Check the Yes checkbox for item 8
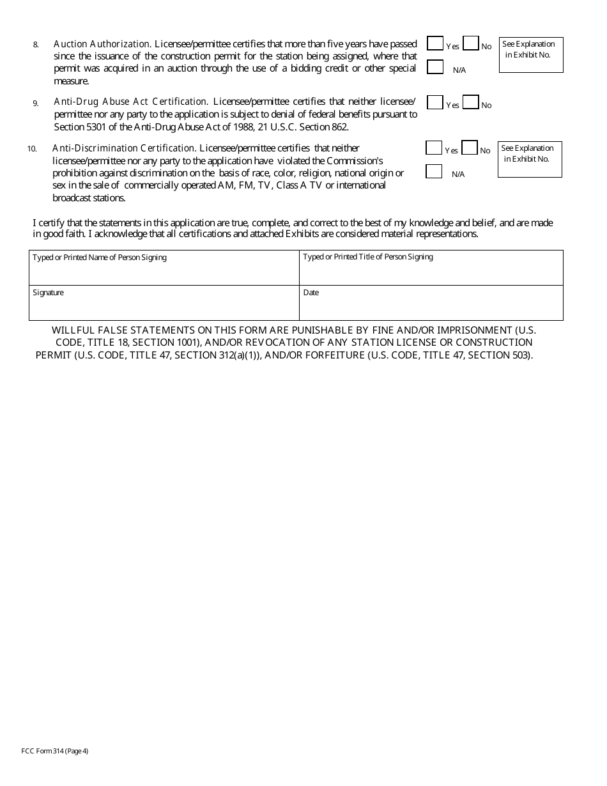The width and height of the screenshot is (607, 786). [x=435, y=43]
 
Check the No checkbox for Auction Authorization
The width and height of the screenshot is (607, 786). [x=471, y=43]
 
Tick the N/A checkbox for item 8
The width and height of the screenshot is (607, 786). [x=435, y=67]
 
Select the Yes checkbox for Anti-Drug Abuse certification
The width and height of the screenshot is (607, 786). [x=435, y=102]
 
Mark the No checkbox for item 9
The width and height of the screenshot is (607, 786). [x=471, y=102]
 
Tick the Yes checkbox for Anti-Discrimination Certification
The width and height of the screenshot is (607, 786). [x=434, y=148]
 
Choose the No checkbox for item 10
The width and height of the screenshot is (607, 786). [x=470, y=148]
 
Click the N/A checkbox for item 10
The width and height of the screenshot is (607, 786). [x=434, y=171]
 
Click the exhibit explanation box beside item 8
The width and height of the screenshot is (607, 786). [x=531, y=55]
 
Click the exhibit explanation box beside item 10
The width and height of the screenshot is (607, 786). [x=530, y=159]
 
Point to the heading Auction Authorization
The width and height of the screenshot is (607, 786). [x=102, y=44]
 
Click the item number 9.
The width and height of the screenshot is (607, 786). [x=36, y=103]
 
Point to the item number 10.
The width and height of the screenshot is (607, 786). [x=32, y=149]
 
